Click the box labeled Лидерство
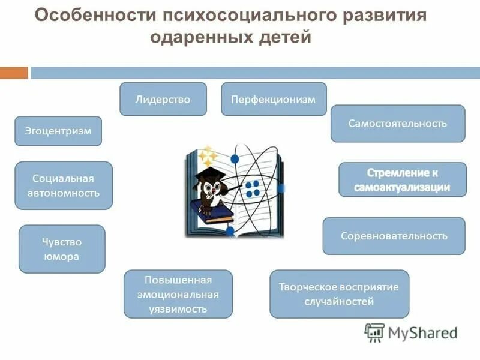(163, 99)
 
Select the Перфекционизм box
(274, 99)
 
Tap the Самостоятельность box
(398, 124)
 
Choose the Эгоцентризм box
(58, 131)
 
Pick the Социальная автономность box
(64, 185)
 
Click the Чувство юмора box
(62, 249)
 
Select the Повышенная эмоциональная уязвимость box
(178, 294)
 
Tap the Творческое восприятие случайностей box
(339, 294)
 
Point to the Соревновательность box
(394, 236)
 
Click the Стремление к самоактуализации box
(403, 179)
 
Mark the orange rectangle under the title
(14, 73)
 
